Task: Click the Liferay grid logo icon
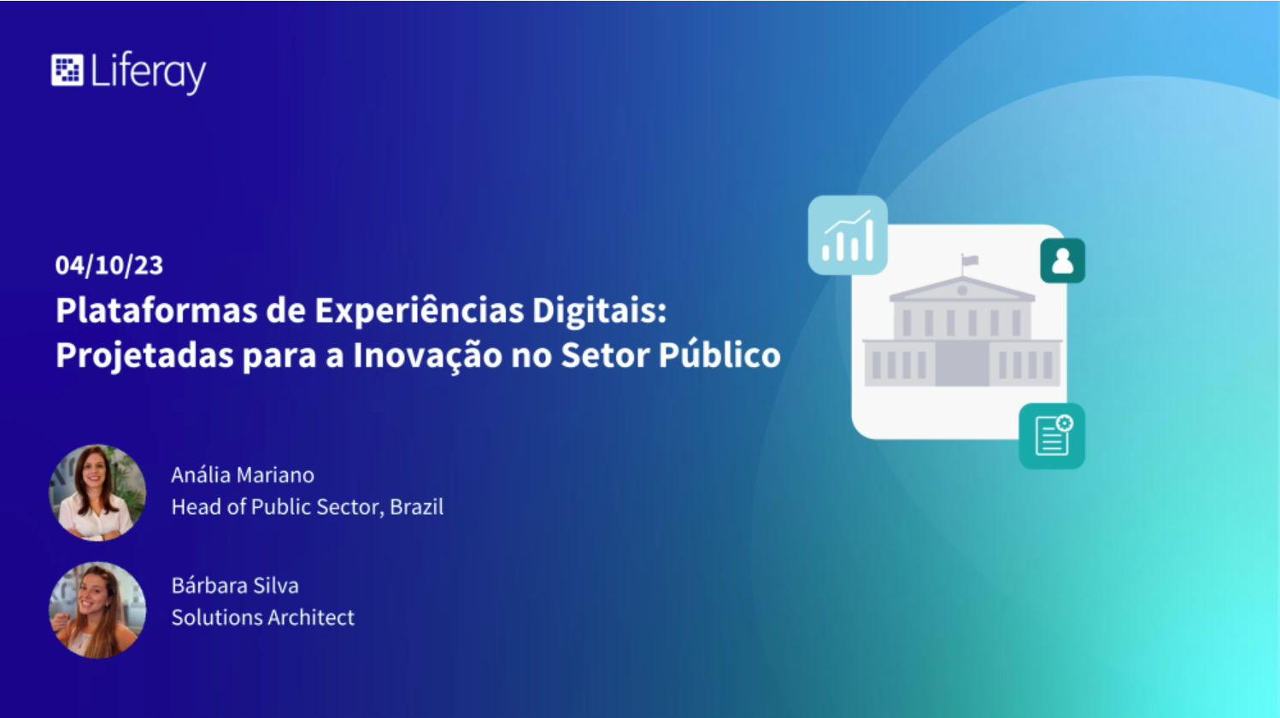click(67, 71)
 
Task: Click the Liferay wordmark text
click(148, 73)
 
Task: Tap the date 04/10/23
click(109, 266)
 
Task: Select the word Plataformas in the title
click(156, 311)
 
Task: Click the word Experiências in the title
click(419, 312)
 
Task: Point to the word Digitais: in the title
click(600, 312)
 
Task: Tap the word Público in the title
click(719, 354)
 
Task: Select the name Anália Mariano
click(243, 475)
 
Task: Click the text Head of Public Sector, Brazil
click(308, 507)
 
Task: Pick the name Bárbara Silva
click(235, 586)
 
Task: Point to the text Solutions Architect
click(263, 617)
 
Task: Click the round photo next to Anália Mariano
click(97, 493)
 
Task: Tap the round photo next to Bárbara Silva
click(97, 610)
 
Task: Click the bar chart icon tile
click(848, 235)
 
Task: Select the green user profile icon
click(1062, 261)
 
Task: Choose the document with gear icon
click(1051, 436)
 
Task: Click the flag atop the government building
click(970, 261)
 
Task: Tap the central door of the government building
click(962, 364)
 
